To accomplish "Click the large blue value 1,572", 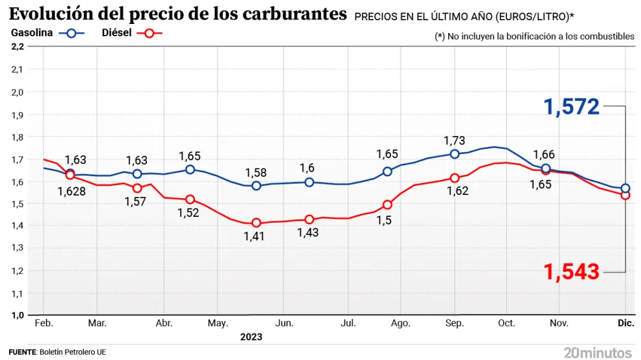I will (572, 107).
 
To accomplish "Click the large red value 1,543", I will (572, 272).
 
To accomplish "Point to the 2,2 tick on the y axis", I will (17, 47).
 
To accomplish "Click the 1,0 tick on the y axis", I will (17, 315).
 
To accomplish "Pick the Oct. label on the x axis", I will (506, 323).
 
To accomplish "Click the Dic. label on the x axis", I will (625, 323).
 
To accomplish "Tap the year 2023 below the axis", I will (251, 337).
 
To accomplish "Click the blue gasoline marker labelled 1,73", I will (455, 154).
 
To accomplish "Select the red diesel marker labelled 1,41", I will (256, 223).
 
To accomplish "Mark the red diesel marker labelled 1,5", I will (387, 205).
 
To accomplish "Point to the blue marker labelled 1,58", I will (256, 186).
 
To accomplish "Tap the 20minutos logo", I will (598, 352).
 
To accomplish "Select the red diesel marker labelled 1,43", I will (309, 219).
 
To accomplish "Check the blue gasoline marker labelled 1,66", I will (546, 169).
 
